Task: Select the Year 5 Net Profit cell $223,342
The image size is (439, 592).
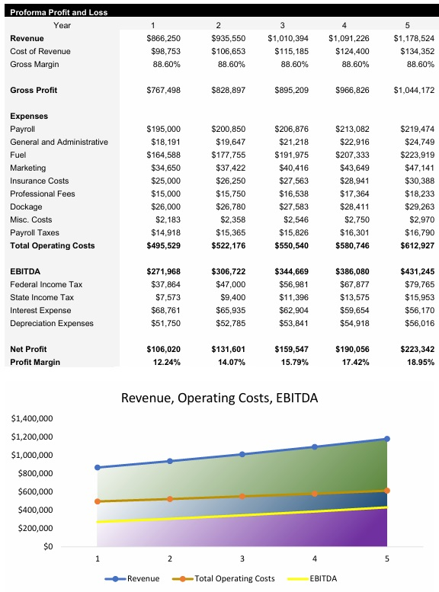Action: click(x=415, y=349)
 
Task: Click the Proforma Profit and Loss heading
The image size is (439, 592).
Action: click(x=59, y=12)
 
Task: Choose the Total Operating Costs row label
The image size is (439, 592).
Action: click(x=53, y=245)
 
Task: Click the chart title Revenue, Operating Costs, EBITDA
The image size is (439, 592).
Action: click(x=219, y=398)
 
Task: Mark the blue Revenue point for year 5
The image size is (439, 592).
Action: click(x=387, y=439)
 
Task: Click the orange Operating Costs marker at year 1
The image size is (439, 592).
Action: click(x=98, y=501)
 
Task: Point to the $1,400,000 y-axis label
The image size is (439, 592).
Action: click(x=32, y=419)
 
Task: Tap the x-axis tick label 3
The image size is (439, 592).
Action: click(x=242, y=558)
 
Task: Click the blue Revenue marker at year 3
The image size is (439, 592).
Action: click(x=242, y=454)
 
